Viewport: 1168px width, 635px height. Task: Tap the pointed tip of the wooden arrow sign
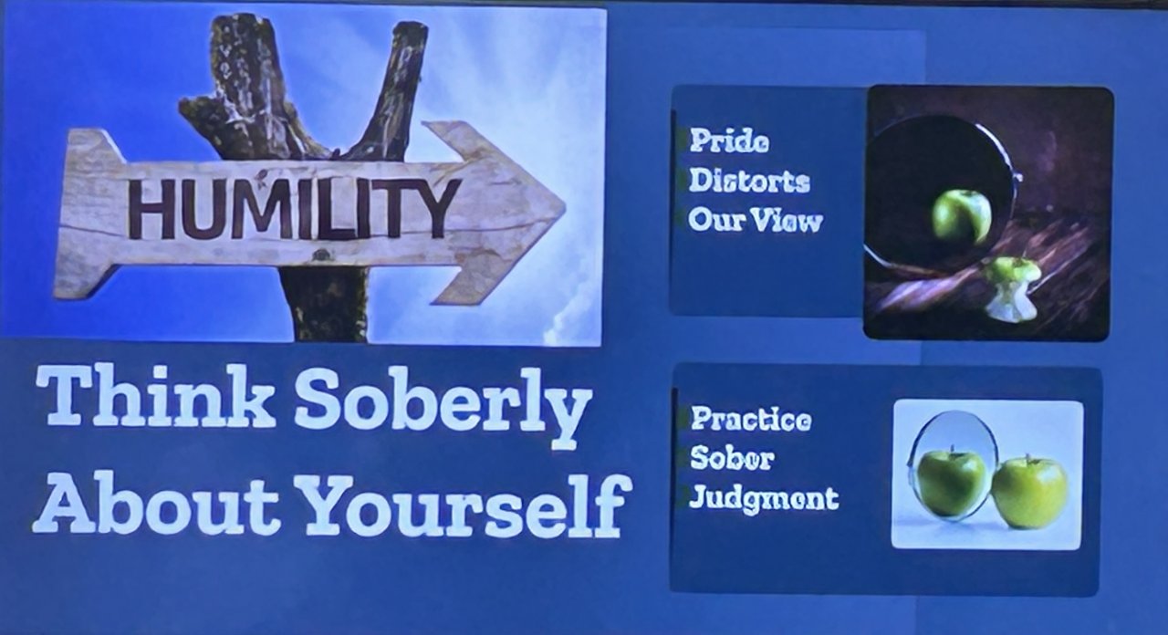pos(565,206)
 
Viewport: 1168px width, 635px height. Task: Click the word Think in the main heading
pos(155,397)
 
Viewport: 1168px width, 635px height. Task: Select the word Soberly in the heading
pos(443,408)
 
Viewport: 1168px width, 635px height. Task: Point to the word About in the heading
pos(155,502)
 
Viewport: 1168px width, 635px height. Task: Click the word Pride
pos(729,141)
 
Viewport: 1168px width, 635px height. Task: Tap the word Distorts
pos(749,181)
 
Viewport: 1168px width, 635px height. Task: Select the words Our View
pos(755,220)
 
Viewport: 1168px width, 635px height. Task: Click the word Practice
pos(751,419)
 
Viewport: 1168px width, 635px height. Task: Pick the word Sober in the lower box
pos(732,458)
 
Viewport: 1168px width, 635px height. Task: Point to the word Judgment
pos(764,499)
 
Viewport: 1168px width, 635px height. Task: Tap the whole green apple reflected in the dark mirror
pos(961,216)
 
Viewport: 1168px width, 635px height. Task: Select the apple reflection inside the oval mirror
pos(951,483)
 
